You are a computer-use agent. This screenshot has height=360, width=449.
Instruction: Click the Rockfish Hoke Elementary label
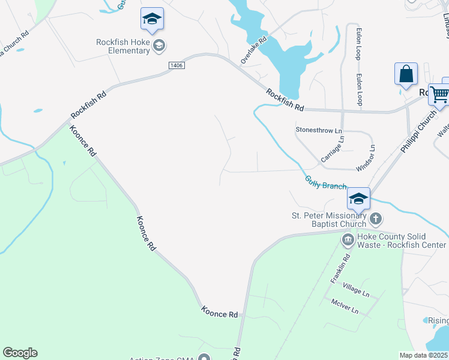tap(123, 46)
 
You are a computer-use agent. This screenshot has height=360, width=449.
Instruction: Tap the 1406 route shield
tap(175, 65)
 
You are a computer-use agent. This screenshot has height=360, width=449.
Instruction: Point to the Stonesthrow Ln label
tap(318, 130)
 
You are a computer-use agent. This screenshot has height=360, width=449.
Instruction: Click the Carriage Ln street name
tap(332, 148)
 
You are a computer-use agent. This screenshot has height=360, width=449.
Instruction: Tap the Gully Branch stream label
tap(325, 182)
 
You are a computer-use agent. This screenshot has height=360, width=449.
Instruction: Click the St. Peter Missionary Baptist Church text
tap(328, 220)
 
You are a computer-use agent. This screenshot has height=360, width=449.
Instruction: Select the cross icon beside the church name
tap(375, 218)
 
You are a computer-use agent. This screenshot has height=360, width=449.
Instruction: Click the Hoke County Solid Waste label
tap(402, 241)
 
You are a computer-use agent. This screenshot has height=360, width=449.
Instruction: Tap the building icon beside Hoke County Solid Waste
tap(348, 240)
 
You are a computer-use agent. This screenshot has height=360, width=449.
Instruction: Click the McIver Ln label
tap(345, 307)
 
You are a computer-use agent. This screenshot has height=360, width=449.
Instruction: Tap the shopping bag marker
tap(406, 74)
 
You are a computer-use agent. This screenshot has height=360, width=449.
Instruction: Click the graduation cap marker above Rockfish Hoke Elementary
tap(152, 20)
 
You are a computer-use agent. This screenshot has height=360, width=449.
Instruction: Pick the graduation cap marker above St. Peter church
tap(358, 199)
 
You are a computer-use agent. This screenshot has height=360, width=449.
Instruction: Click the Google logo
tap(20, 353)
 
